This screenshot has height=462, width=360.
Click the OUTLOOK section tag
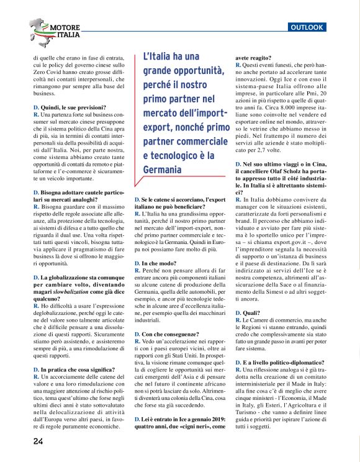coord(308,27)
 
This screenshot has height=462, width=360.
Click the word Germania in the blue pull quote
coord(162,169)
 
